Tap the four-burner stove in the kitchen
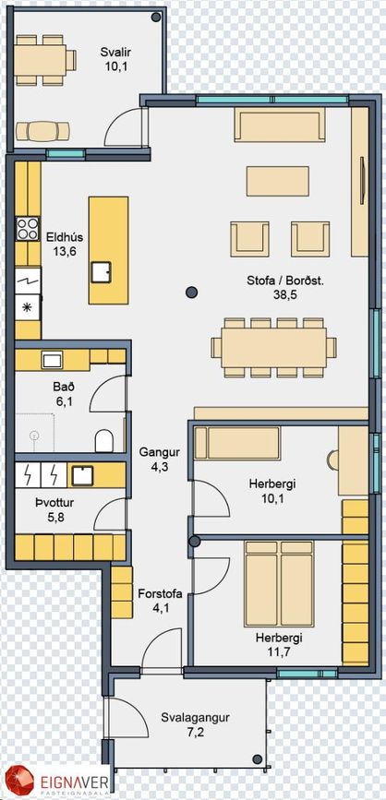pos(28,229)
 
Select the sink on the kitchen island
pos(102,272)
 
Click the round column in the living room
pos(191,292)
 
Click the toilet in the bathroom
pos(104,440)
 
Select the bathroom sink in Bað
pos(52,359)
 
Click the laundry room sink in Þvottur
pos(82,475)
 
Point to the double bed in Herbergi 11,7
pos(279,584)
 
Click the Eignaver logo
pos(55,782)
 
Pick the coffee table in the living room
pos(278,181)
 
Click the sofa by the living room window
pos(280,125)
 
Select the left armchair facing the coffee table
pos(249,239)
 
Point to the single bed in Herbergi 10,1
pos(238,443)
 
